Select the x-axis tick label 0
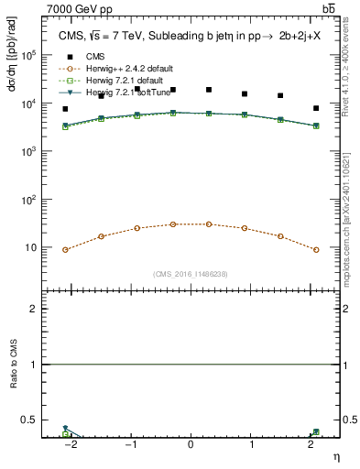pos(191,446)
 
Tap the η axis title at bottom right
pos(335,456)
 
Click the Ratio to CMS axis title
pos(13,384)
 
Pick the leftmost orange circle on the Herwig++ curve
pos(65,249)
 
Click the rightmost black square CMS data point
pos(316,108)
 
